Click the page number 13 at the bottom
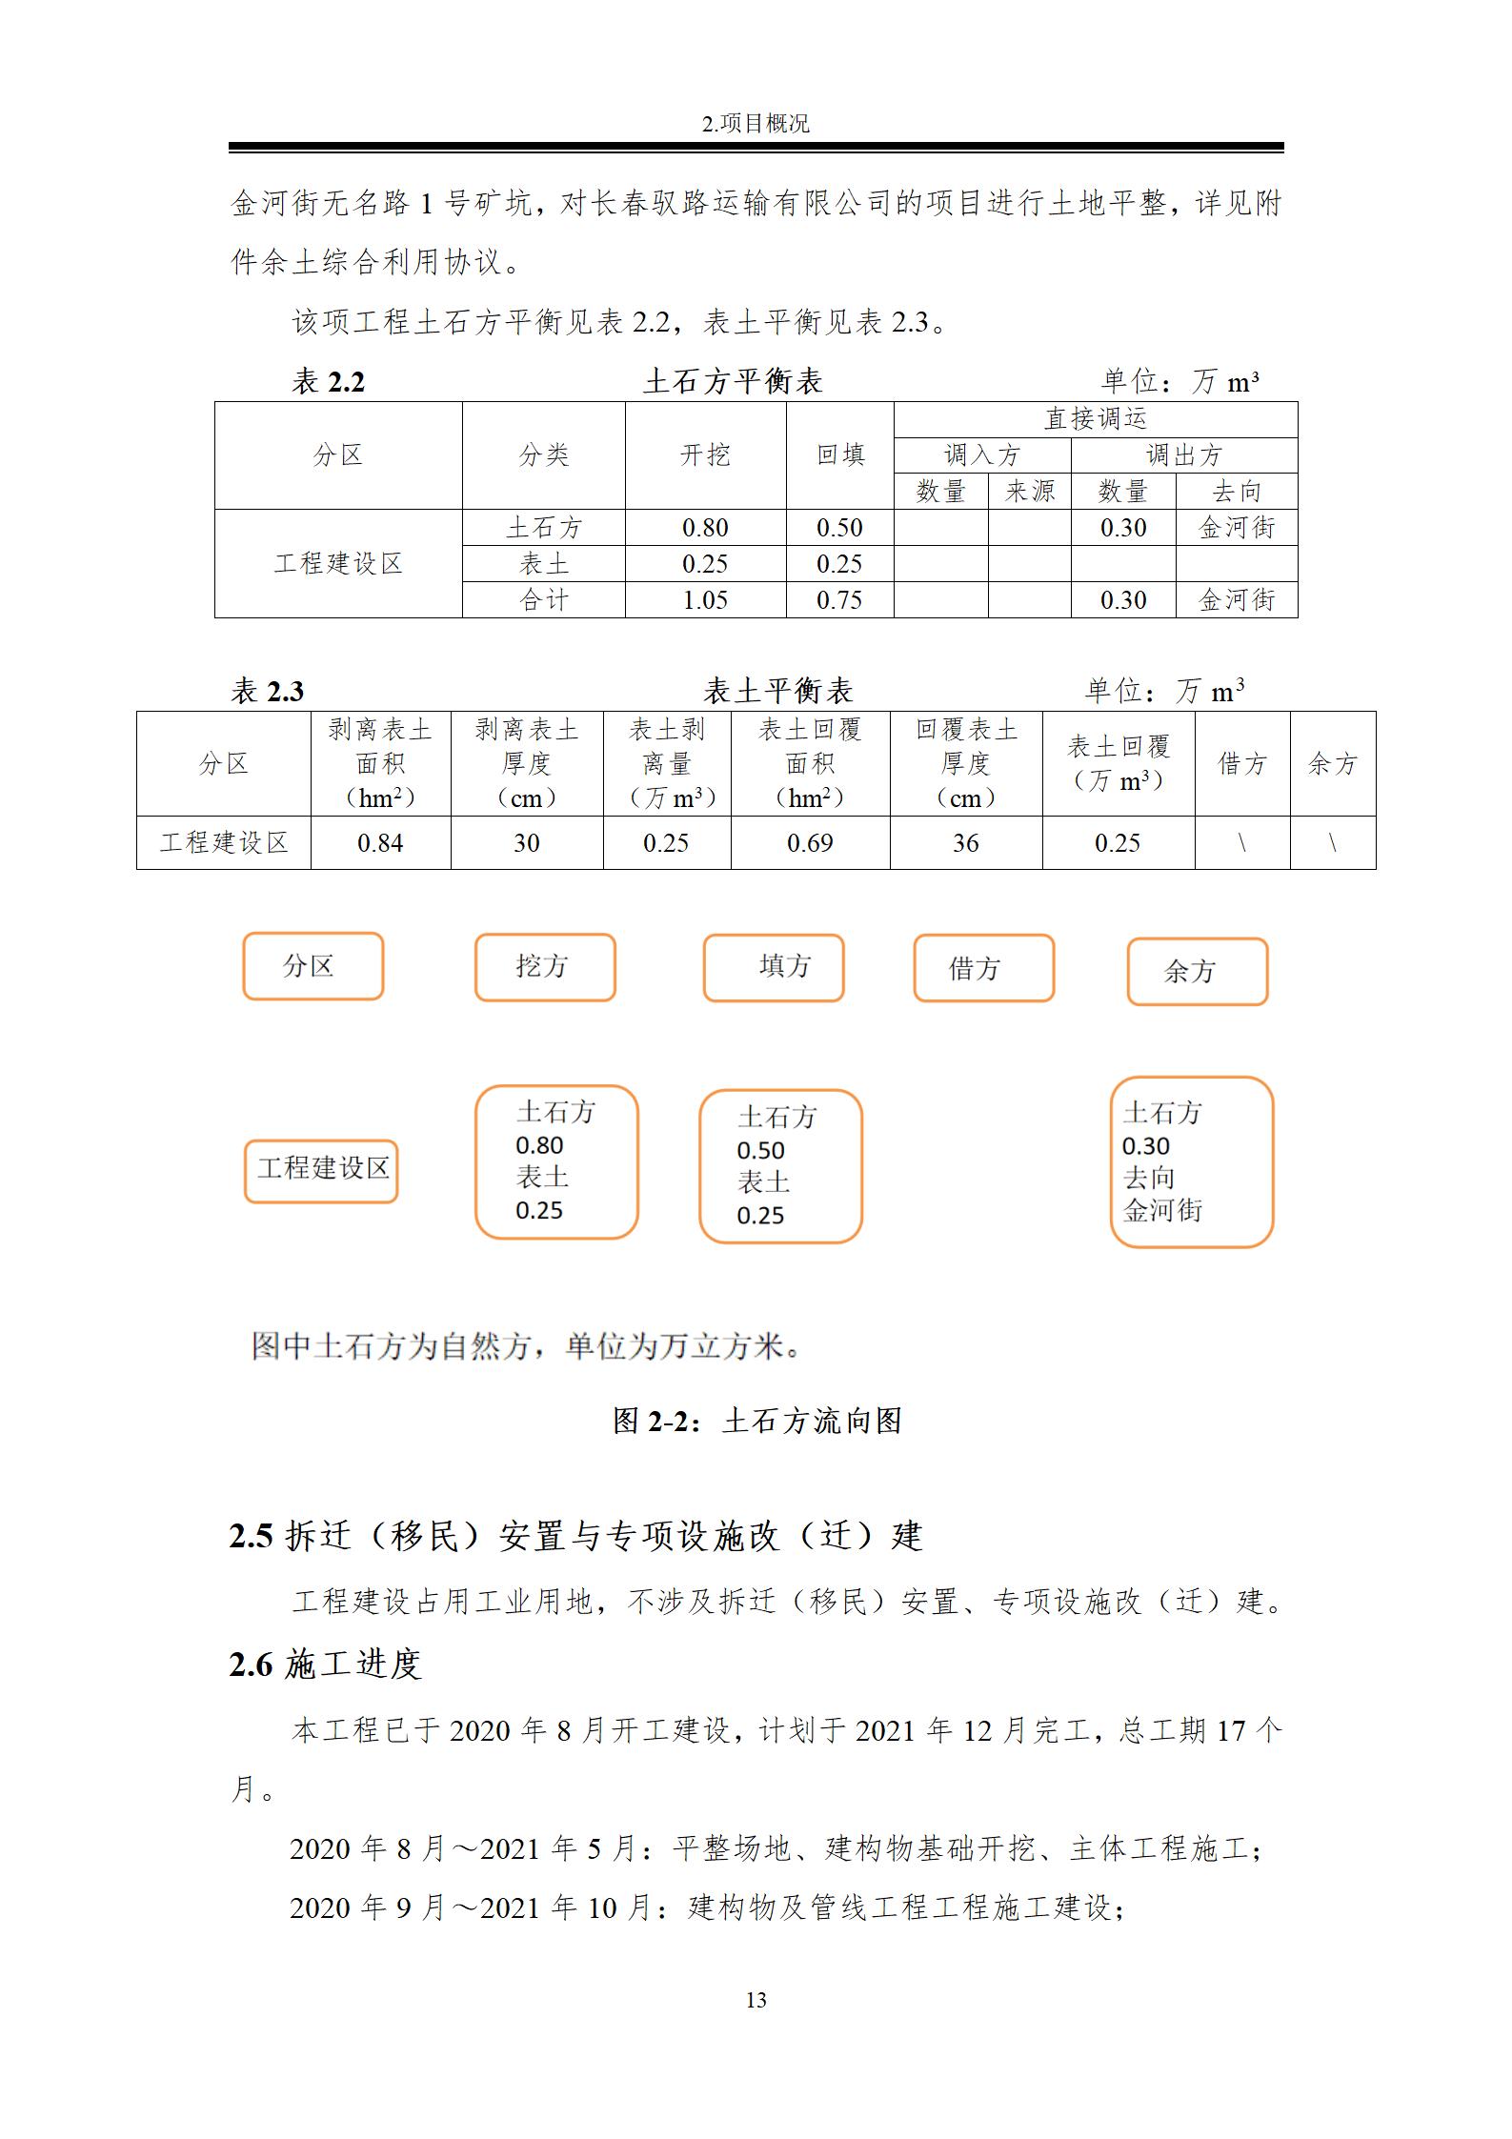(x=756, y=2000)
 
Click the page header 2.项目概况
(x=756, y=124)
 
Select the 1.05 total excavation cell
(x=705, y=600)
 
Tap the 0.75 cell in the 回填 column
(x=839, y=600)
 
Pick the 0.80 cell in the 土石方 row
(x=705, y=528)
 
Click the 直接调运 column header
(x=1095, y=419)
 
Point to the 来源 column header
(x=1030, y=492)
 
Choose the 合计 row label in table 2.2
(x=544, y=600)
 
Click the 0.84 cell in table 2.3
(x=380, y=843)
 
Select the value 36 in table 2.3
(x=965, y=843)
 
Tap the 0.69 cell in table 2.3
(x=810, y=843)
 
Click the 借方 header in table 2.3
(x=1242, y=763)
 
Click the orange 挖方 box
(x=545, y=967)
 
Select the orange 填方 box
(x=774, y=968)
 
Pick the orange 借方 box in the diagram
(x=983, y=969)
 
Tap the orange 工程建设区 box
(x=321, y=1170)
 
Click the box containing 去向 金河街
(x=1191, y=1162)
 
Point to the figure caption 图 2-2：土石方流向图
(x=756, y=1421)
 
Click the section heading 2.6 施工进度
(x=325, y=1665)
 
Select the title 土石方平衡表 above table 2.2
(x=733, y=382)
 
